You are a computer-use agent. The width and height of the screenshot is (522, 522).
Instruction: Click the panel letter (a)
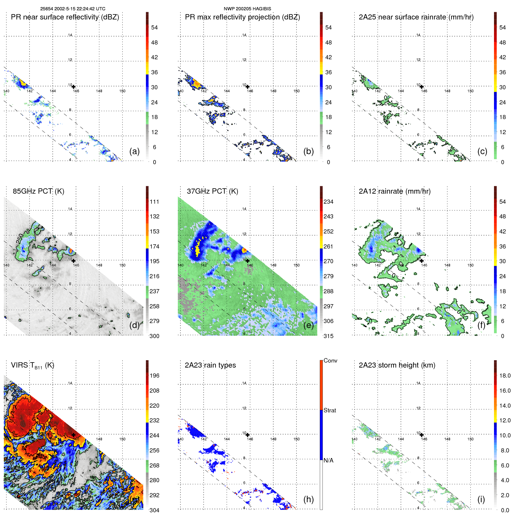[134, 151]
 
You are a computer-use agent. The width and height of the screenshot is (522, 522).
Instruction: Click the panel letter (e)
[308, 325]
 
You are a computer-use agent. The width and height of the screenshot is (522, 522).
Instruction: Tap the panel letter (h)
[308, 499]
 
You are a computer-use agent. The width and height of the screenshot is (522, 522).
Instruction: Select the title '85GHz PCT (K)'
[38, 191]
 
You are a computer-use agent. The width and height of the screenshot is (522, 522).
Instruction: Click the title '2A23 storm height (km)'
[397, 365]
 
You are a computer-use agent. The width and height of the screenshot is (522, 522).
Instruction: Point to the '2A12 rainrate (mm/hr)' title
[394, 191]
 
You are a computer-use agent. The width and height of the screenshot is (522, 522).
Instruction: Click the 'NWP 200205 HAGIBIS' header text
[247, 9]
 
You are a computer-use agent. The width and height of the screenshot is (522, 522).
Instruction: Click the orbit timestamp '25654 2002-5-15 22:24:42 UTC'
[73, 9]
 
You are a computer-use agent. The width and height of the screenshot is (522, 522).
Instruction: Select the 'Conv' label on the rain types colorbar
[330, 360]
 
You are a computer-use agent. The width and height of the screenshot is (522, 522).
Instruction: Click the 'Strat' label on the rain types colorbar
[330, 410]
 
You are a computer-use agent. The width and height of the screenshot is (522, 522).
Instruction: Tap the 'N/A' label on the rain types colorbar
[328, 460]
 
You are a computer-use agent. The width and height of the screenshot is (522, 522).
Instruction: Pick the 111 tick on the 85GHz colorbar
[154, 202]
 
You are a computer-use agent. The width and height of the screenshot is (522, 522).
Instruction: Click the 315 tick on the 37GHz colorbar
[328, 336]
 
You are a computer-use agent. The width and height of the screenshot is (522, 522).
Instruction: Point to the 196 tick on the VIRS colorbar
[154, 376]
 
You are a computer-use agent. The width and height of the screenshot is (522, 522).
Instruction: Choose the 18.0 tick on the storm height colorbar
[505, 376]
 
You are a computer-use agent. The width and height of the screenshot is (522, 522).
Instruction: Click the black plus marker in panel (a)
[74, 87]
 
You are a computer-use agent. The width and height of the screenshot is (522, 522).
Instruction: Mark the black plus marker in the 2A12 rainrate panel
[422, 261]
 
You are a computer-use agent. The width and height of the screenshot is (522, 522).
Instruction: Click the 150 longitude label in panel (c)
[470, 91]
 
